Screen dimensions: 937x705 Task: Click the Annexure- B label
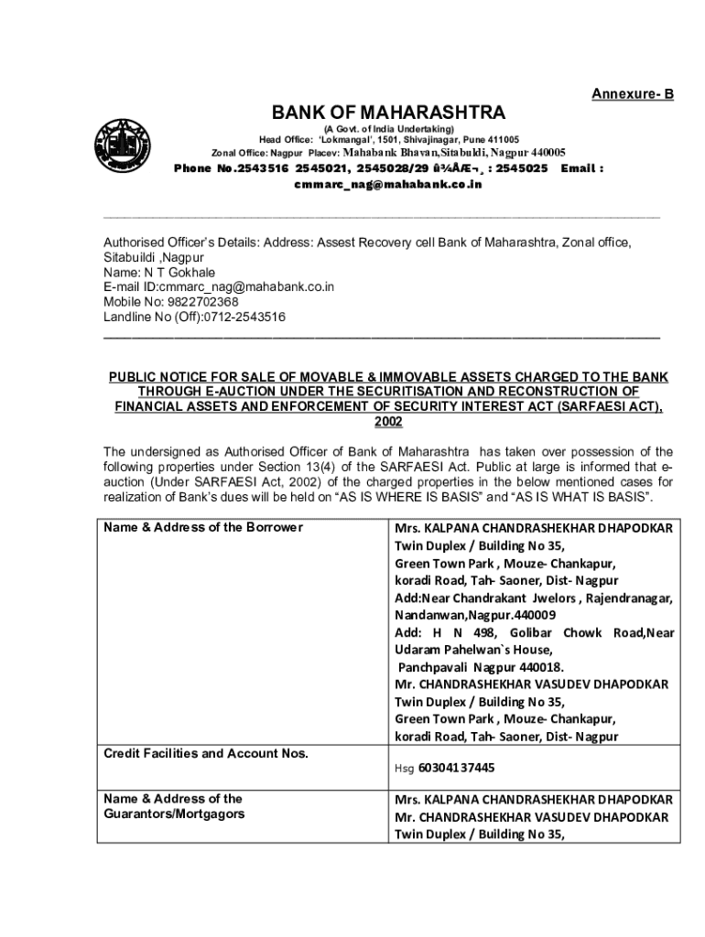(x=632, y=93)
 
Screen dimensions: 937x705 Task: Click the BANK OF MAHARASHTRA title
(x=388, y=113)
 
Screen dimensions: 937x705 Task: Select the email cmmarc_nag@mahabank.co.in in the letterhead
(x=387, y=184)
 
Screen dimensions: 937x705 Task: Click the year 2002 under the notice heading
(x=388, y=422)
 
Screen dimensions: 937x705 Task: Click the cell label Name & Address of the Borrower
(x=203, y=527)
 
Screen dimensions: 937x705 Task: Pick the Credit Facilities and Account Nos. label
(x=206, y=753)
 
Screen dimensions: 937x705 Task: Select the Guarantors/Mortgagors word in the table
(x=174, y=813)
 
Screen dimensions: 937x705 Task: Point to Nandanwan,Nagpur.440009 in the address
(x=474, y=615)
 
